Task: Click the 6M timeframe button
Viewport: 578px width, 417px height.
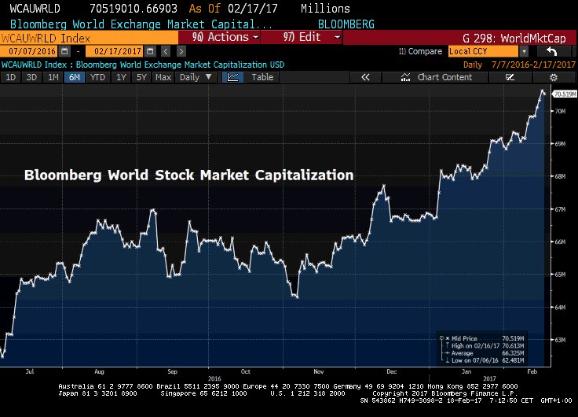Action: tap(75, 77)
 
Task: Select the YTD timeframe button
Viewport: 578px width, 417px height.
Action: tap(97, 77)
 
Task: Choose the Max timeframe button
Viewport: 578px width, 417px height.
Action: tap(163, 77)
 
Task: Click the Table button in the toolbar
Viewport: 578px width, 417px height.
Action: tap(262, 77)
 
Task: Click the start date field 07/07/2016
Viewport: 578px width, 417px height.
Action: tap(24, 51)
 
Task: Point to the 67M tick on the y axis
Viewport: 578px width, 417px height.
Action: tap(561, 209)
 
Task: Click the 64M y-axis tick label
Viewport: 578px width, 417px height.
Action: tap(561, 307)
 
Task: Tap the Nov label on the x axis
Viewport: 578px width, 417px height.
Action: tap(320, 370)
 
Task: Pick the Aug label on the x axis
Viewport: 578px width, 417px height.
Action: tap(100, 370)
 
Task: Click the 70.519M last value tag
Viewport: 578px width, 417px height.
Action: tap(562, 94)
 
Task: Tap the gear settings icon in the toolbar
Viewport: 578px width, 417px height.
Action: tap(553, 77)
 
